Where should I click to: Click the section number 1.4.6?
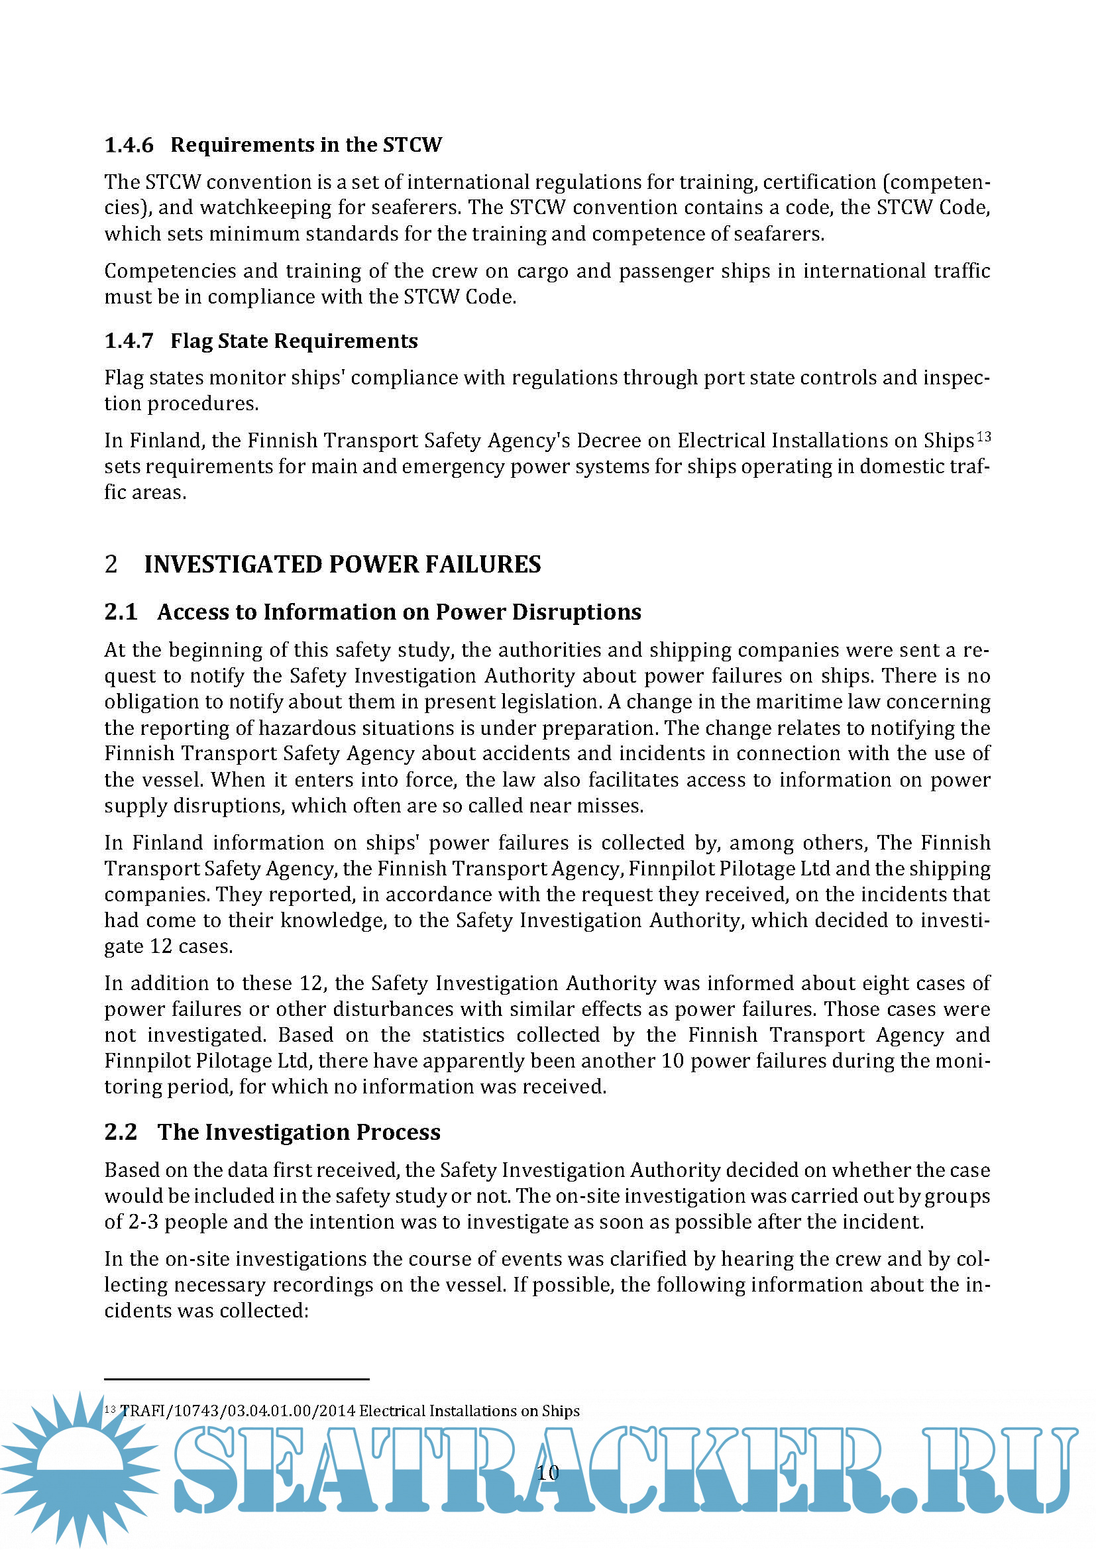[129, 145]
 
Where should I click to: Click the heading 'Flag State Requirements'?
[294, 341]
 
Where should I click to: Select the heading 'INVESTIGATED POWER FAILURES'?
[342, 565]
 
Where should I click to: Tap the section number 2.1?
[121, 612]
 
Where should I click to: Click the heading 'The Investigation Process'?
[299, 1132]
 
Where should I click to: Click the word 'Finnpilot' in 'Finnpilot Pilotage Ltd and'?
[660, 869]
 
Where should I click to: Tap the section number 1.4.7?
[129, 341]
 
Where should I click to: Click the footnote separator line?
[237, 1378]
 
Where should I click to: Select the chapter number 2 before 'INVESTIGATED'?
[111, 565]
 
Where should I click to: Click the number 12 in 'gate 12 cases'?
[161, 946]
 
